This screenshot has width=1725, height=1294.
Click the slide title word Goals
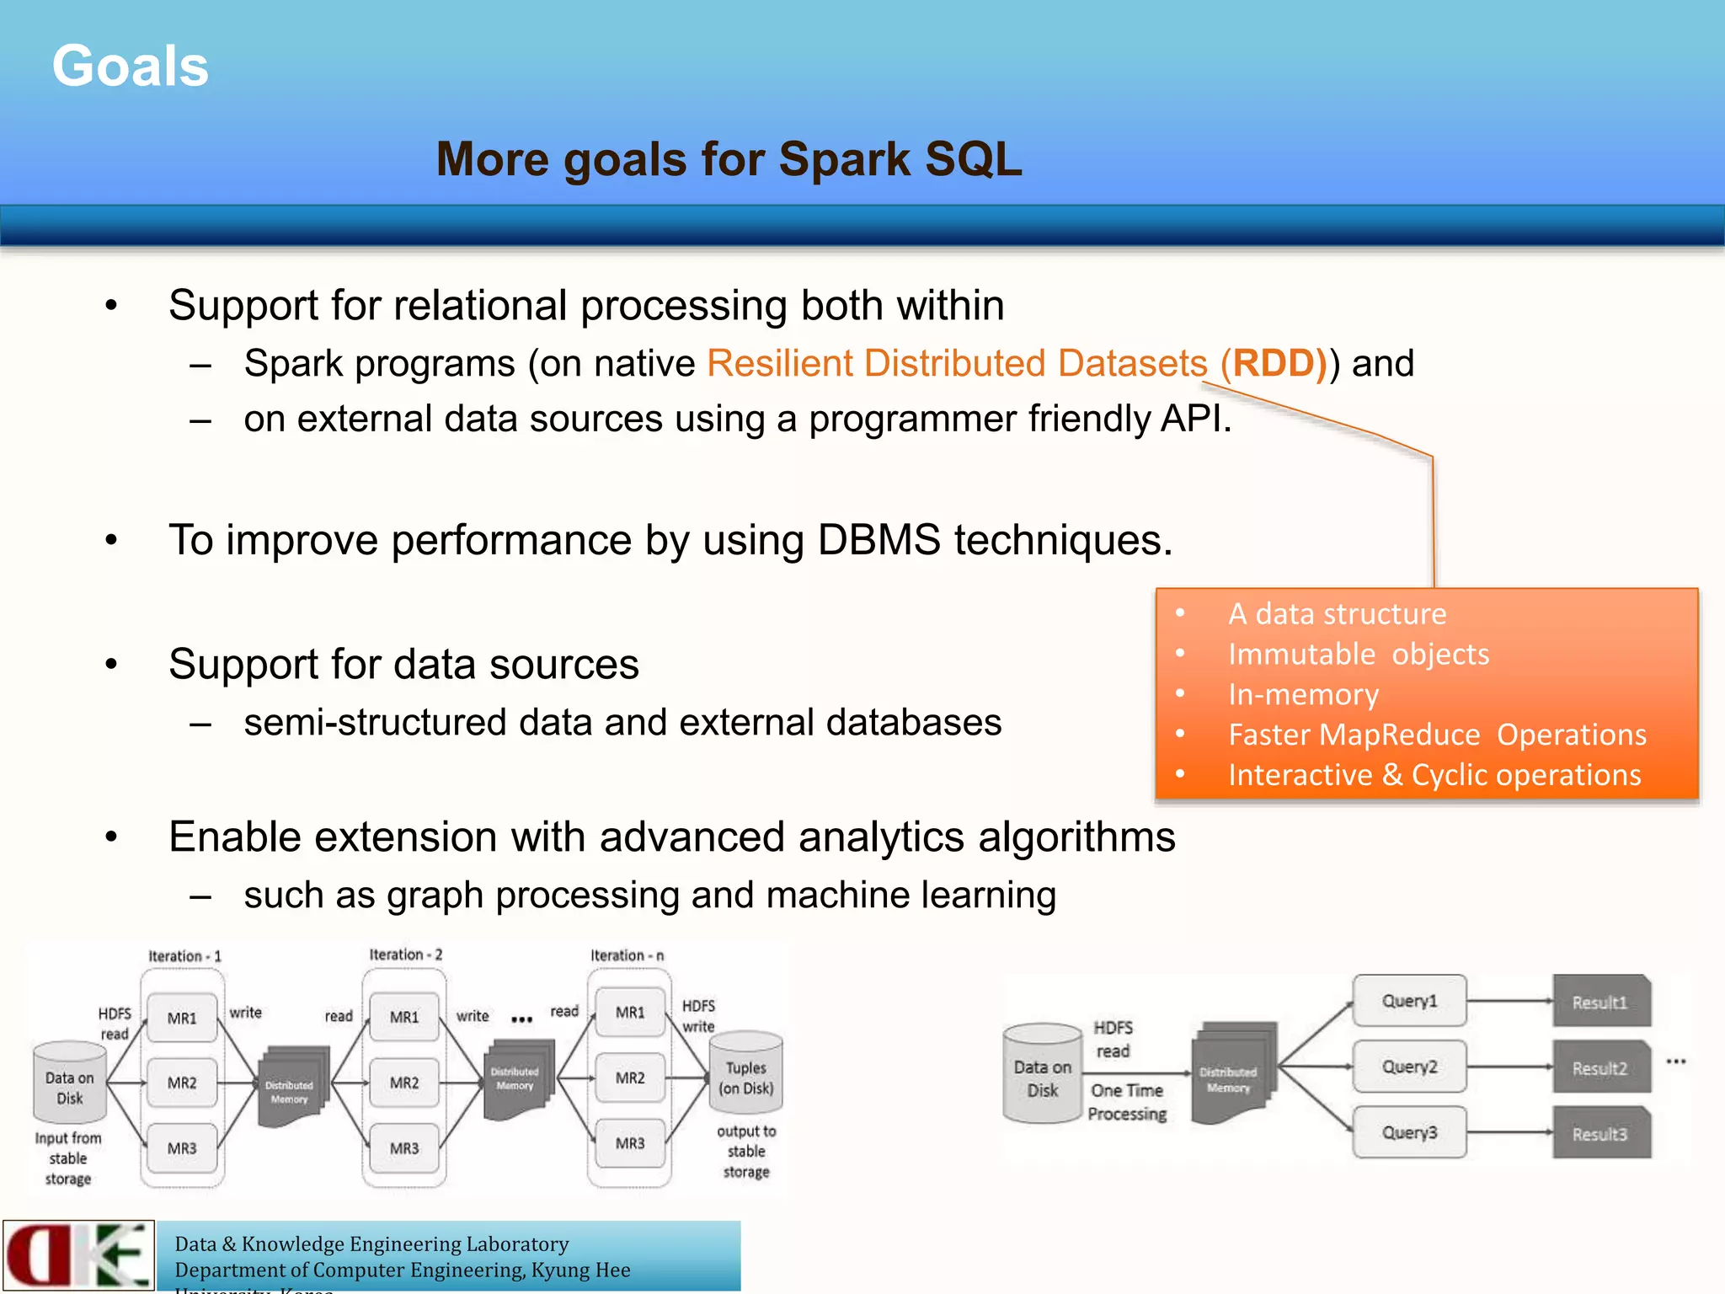pos(131,67)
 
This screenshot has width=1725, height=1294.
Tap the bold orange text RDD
pos(1274,364)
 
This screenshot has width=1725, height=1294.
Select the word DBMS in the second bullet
pos(879,540)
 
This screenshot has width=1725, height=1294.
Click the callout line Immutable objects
pos(1358,655)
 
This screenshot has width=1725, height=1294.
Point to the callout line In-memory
pos(1303,695)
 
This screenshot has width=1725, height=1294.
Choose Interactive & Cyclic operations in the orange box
pos(1434,775)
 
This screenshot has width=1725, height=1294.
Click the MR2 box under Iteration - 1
pos(182,1083)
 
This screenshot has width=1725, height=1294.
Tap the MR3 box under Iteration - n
pos(630,1143)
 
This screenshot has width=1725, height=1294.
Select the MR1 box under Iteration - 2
pos(404,1017)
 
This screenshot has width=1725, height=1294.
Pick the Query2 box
pos(1409,1067)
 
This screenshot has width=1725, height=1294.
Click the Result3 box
pos(1600,1134)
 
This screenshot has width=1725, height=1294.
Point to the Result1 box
pos(1600,1002)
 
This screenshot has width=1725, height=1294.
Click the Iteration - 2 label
pos(406,954)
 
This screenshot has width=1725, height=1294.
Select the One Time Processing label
pos(1127,1102)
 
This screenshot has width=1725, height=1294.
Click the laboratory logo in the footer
pos(78,1254)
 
